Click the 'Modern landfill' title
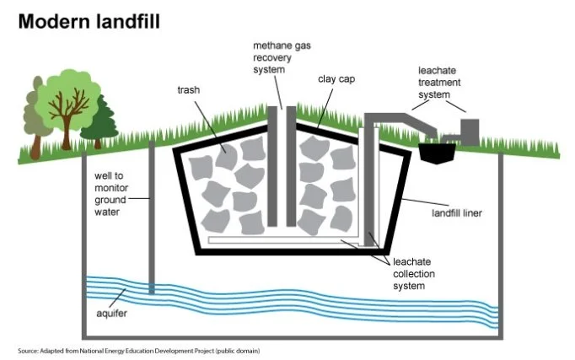tap(89, 21)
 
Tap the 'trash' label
tap(189, 90)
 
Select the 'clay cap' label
tap(336, 78)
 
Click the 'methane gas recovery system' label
tap(282, 57)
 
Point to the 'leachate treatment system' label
tap(439, 83)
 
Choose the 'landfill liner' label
tap(457, 213)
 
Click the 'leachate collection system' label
tap(414, 274)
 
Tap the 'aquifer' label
tap(111, 314)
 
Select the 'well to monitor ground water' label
tap(111, 194)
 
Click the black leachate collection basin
tap(437, 152)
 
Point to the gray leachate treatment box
tap(470, 132)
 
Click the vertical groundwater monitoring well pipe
tap(152, 218)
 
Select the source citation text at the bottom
tap(139, 351)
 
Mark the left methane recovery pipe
tap(272, 166)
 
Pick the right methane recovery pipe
tap(291, 166)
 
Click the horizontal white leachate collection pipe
tap(283, 240)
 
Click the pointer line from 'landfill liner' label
tap(426, 202)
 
